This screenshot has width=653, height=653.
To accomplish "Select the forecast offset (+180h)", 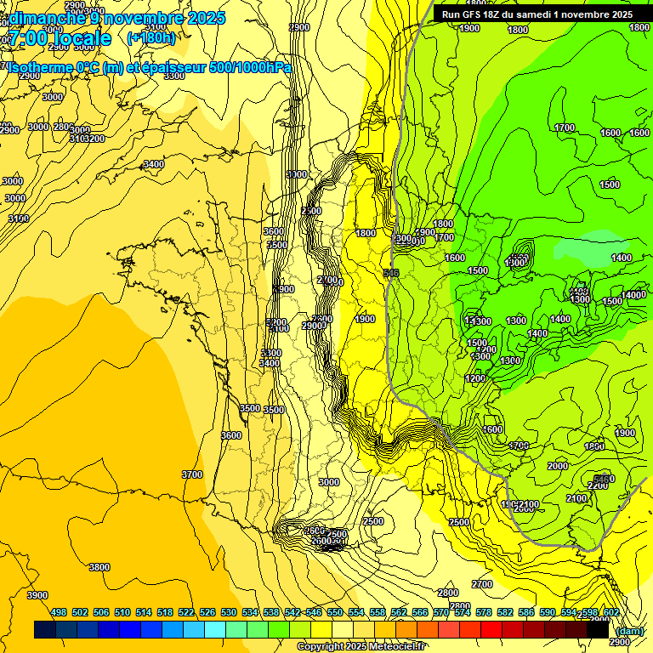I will tap(150, 38).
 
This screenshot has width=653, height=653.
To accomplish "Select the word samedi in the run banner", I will tap(546, 14).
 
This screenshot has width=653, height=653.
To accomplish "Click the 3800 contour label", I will tap(99, 567).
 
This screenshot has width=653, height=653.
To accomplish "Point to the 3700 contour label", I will tap(192, 474).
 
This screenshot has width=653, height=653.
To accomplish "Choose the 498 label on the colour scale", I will tap(59, 612).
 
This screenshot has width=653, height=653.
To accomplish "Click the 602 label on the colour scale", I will tap(610, 612).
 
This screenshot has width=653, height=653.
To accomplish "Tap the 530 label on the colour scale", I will tap(229, 612).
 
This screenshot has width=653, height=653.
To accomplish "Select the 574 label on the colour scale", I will tap(463, 612).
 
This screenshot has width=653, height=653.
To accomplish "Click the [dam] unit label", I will tap(630, 630).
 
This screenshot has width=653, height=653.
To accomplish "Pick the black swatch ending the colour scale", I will tap(598, 629).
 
